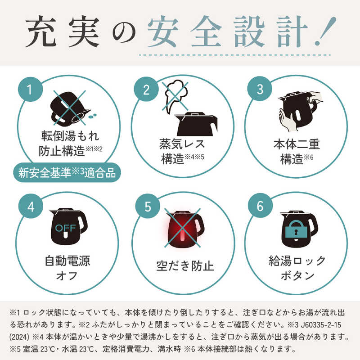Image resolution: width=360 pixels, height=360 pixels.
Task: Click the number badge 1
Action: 30,89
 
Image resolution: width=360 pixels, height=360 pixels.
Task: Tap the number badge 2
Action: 146,89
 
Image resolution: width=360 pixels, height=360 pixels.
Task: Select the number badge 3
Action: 260,89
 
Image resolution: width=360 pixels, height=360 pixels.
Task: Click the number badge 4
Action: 31,206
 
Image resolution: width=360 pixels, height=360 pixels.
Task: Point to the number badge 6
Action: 260,206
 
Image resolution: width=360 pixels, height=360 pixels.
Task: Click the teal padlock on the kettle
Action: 296,229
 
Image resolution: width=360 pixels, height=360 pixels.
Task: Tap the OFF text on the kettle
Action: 66,228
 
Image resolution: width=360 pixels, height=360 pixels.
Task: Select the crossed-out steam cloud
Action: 175,96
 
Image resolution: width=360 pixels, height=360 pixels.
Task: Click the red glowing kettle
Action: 185,229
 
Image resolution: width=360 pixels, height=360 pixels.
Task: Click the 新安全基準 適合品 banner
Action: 67,172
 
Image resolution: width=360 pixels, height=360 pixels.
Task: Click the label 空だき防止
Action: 185,266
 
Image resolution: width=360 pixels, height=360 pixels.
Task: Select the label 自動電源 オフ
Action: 67,268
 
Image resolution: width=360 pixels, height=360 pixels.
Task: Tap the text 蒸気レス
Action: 182,144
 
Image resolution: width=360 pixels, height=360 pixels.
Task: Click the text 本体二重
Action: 297,144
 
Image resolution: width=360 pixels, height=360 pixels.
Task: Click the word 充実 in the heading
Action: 63,31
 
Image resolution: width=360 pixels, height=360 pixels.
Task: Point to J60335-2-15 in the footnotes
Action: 321,324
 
